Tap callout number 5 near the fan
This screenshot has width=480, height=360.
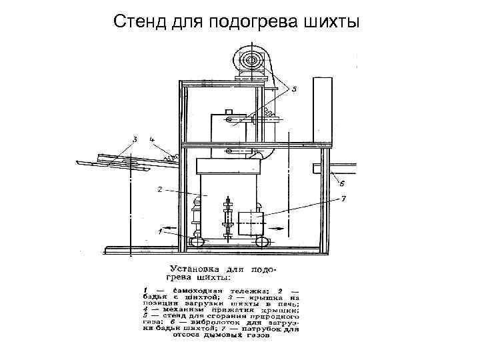pos(294,89)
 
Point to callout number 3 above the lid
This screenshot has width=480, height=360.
pos(135,139)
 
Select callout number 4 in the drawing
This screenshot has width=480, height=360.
pos(152,139)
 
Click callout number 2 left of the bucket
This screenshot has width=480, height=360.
pos(159,189)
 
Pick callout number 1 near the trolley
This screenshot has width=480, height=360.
pos(160,231)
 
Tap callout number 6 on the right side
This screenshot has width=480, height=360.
pos(341,183)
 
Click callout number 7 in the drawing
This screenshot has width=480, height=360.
pos(343,199)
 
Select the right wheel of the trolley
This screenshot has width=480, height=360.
pos(263,241)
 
